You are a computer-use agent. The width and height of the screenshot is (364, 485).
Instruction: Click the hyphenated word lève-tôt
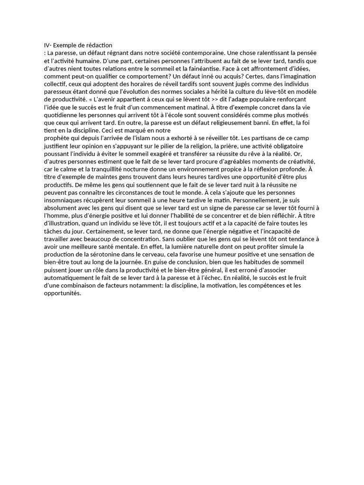click(269, 91)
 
